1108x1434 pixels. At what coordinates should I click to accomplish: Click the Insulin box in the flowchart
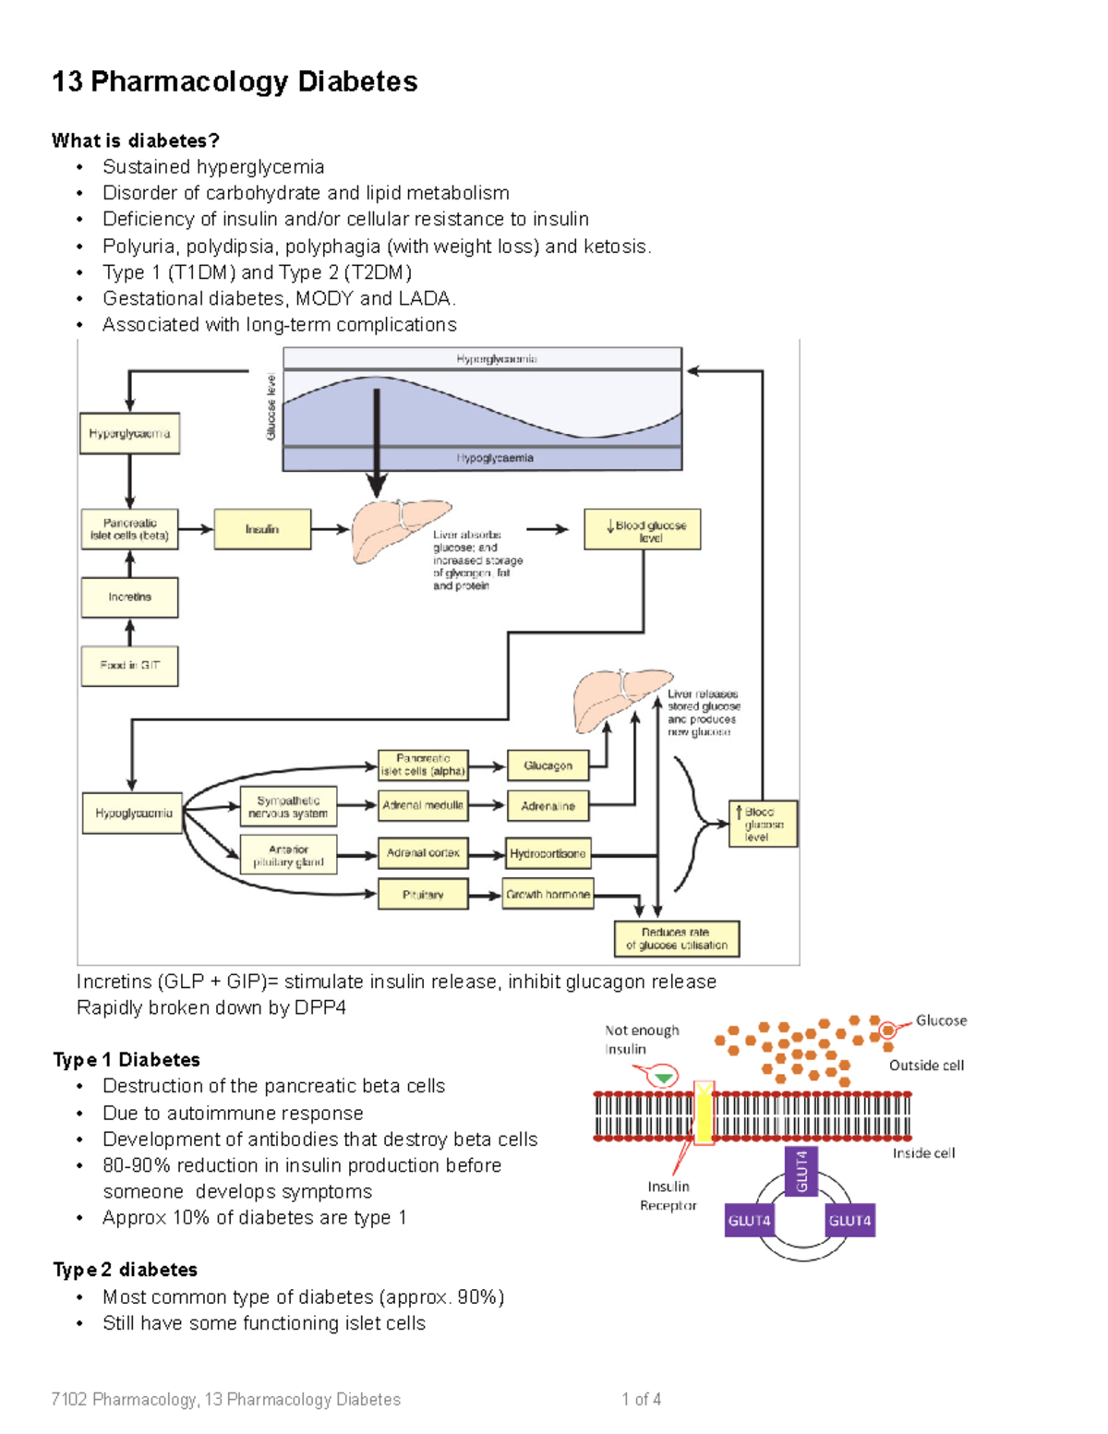point(262,529)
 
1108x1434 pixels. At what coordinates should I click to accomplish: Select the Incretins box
point(129,597)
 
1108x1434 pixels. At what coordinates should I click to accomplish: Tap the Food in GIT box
point(129,666)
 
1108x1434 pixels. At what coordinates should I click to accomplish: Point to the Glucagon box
point(548,765)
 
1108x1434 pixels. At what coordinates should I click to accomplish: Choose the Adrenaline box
point(548,806)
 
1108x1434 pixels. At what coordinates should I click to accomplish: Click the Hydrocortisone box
point(548,853)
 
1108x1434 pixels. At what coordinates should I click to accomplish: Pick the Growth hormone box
point(548,894)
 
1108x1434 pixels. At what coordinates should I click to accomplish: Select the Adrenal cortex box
point(423,853)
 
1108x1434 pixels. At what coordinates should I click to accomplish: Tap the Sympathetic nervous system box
point(288,807)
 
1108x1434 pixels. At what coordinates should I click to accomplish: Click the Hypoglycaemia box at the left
point(133,813)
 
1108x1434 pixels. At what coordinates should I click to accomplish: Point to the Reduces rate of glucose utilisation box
point(677,939)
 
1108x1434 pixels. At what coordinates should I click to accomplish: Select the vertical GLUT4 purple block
point(801,1170)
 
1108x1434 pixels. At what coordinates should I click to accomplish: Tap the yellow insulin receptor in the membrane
point(704,1113)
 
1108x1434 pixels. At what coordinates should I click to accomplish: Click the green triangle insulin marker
point(663,1078)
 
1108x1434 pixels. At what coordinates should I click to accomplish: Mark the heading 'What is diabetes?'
point(135,140)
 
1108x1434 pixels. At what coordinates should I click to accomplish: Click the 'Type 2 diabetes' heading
point(125,1270)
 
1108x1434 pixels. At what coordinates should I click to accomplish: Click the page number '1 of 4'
point(641,1399)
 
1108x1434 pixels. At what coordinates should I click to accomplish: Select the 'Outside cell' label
point(926,1066)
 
